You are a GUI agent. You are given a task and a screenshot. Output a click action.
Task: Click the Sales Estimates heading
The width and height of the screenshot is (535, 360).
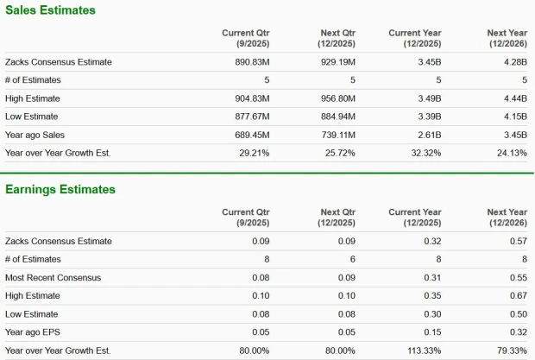pos(50,10)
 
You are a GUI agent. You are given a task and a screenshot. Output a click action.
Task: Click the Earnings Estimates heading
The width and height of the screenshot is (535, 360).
pos(60,189)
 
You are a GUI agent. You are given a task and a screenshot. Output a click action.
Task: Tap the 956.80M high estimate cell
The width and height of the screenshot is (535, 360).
pos(337,98)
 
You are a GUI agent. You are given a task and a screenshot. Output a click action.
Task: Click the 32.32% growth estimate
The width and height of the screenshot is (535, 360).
pos(424,153)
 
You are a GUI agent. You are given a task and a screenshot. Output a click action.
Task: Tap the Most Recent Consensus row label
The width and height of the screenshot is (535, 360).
pos(53,277)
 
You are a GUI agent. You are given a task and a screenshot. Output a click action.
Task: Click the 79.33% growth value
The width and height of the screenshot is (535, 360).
pos(510,351)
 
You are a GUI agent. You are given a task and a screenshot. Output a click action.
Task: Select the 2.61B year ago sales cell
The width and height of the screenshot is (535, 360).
pos(430,135)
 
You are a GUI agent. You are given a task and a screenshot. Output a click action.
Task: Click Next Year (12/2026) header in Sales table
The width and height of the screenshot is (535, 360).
pos(505,38)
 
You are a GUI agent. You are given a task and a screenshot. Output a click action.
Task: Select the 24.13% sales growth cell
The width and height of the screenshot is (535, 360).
pos(510,153)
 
